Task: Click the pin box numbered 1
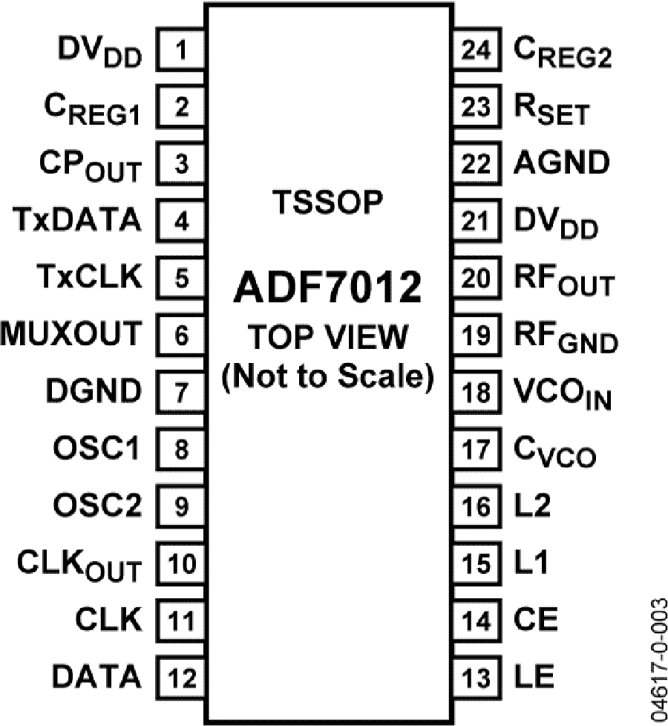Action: pos(181,49)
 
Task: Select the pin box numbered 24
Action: pos(477,49)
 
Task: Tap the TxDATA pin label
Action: pos(77,220)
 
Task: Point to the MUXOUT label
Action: pos(71,333)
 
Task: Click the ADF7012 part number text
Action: pos(328,287)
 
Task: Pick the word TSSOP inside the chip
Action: pos(328,202)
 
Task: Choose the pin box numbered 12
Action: pos(181,678)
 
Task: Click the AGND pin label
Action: pos(562,163)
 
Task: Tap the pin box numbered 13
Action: pos(477,678)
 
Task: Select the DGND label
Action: pos(94,390)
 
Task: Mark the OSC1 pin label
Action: pos(96,448)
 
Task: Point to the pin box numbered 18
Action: pos(477,392)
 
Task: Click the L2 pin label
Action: pos(532,505)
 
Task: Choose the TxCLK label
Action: pos(89,276)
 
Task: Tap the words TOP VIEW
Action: pos(328,336)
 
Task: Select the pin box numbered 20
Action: pos(477,278)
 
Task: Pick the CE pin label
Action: pos(536,619)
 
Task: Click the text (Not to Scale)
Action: pos(328,376)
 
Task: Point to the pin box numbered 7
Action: pos(181,392)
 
